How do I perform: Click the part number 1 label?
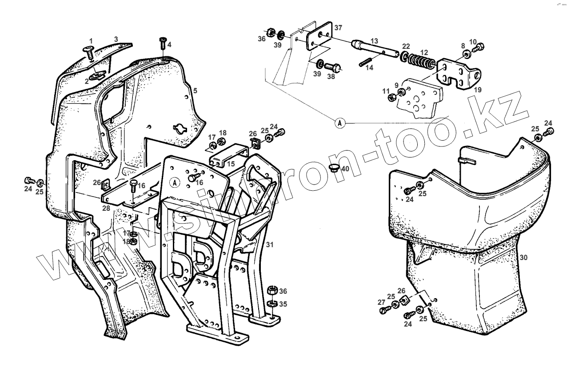point(91,40)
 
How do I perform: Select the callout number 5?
point(195,91)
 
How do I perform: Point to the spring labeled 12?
point(419,60)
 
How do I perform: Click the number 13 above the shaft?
point(374,41)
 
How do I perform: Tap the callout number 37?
point(339,28)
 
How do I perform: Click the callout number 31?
point(270,244)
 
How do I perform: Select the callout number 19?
point(478,89)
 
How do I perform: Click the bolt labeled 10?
point(480,46)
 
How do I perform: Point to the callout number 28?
point(106,208)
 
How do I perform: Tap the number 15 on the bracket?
point(231,164)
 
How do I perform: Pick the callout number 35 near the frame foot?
point(283,304)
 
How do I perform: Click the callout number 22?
point(406,47)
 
